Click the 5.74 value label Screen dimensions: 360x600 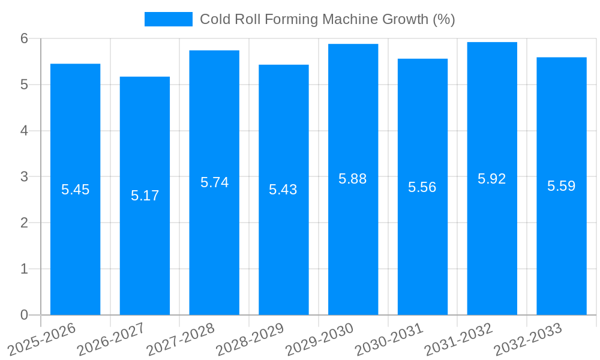tap(214, 182)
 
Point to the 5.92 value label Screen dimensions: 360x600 tap(492, 179)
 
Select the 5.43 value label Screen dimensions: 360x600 tap(283, 190)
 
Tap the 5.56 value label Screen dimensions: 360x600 tap(422, 187)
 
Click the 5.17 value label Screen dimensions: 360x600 tap(145, 196)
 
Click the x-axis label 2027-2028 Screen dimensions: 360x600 tap(180, 338)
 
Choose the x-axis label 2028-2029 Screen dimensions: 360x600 tap(250, 338)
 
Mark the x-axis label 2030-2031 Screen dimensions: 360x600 tap(389, 338)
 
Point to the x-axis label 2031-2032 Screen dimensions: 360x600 tap(458, 338)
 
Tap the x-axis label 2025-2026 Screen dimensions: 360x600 tap(41, 338)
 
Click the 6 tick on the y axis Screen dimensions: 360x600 tap(25, 38)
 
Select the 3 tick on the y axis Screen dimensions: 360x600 tap(25, 177)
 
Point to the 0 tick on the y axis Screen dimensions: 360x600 tap(25, 315)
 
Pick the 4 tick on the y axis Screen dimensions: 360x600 tap(25, 131)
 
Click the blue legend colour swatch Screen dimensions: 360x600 tap(169, 19)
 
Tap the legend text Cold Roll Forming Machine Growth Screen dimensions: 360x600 tap(327, 19)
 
